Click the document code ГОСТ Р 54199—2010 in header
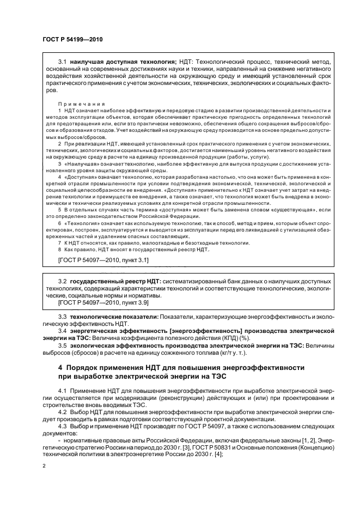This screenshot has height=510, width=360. (72, 39)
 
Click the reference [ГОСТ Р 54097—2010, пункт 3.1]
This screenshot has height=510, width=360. (103, 260)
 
